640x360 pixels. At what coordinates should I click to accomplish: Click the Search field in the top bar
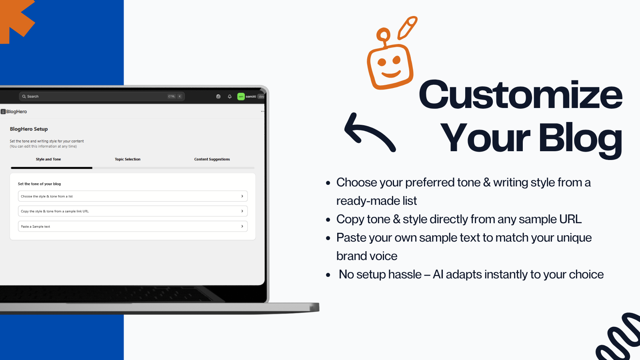[102, 96]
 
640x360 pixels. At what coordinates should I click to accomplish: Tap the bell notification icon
[230, 96]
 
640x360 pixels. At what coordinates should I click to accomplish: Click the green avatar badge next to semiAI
[241, 96]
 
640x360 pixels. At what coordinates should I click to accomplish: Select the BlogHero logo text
[16, 112]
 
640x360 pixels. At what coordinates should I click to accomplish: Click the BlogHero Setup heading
[29, 129]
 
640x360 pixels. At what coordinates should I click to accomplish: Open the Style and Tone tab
[48, 159]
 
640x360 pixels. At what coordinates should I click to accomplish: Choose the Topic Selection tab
[128, 159]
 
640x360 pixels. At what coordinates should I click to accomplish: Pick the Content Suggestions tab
[212, 159]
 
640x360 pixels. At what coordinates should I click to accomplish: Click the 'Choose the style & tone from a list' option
[132, 196]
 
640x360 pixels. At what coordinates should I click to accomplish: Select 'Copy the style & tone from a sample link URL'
[132, 211]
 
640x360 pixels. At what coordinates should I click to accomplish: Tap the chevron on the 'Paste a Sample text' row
[242, 226]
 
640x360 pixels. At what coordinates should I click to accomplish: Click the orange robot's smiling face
[390, 67]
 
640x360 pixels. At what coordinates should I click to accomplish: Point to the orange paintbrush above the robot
[408, 28]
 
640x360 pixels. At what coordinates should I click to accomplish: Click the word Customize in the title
[520, 94]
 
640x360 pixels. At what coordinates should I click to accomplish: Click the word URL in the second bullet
[570, 219]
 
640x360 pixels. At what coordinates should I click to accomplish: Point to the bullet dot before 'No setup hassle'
[328, 275]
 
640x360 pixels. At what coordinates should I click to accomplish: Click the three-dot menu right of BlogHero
[262, 112]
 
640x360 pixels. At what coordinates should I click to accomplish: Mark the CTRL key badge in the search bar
[172, 96]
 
